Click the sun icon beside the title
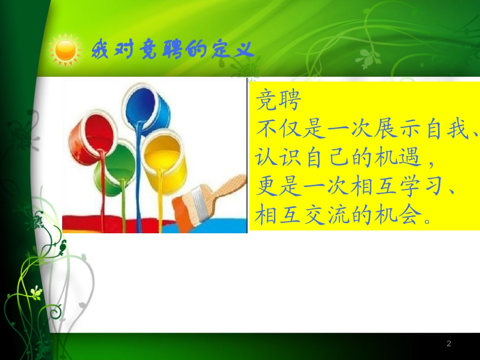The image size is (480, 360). click(65, 50)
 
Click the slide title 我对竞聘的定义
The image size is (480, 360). click(172, 50)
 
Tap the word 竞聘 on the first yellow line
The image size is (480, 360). click(279, 100)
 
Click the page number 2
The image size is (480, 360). click(449, 344)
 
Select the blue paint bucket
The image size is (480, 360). click(147, 109)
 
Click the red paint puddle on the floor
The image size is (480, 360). click(101, 223)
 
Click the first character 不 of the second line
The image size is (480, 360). click(267, 130)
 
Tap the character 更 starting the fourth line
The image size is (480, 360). click(267, 187)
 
